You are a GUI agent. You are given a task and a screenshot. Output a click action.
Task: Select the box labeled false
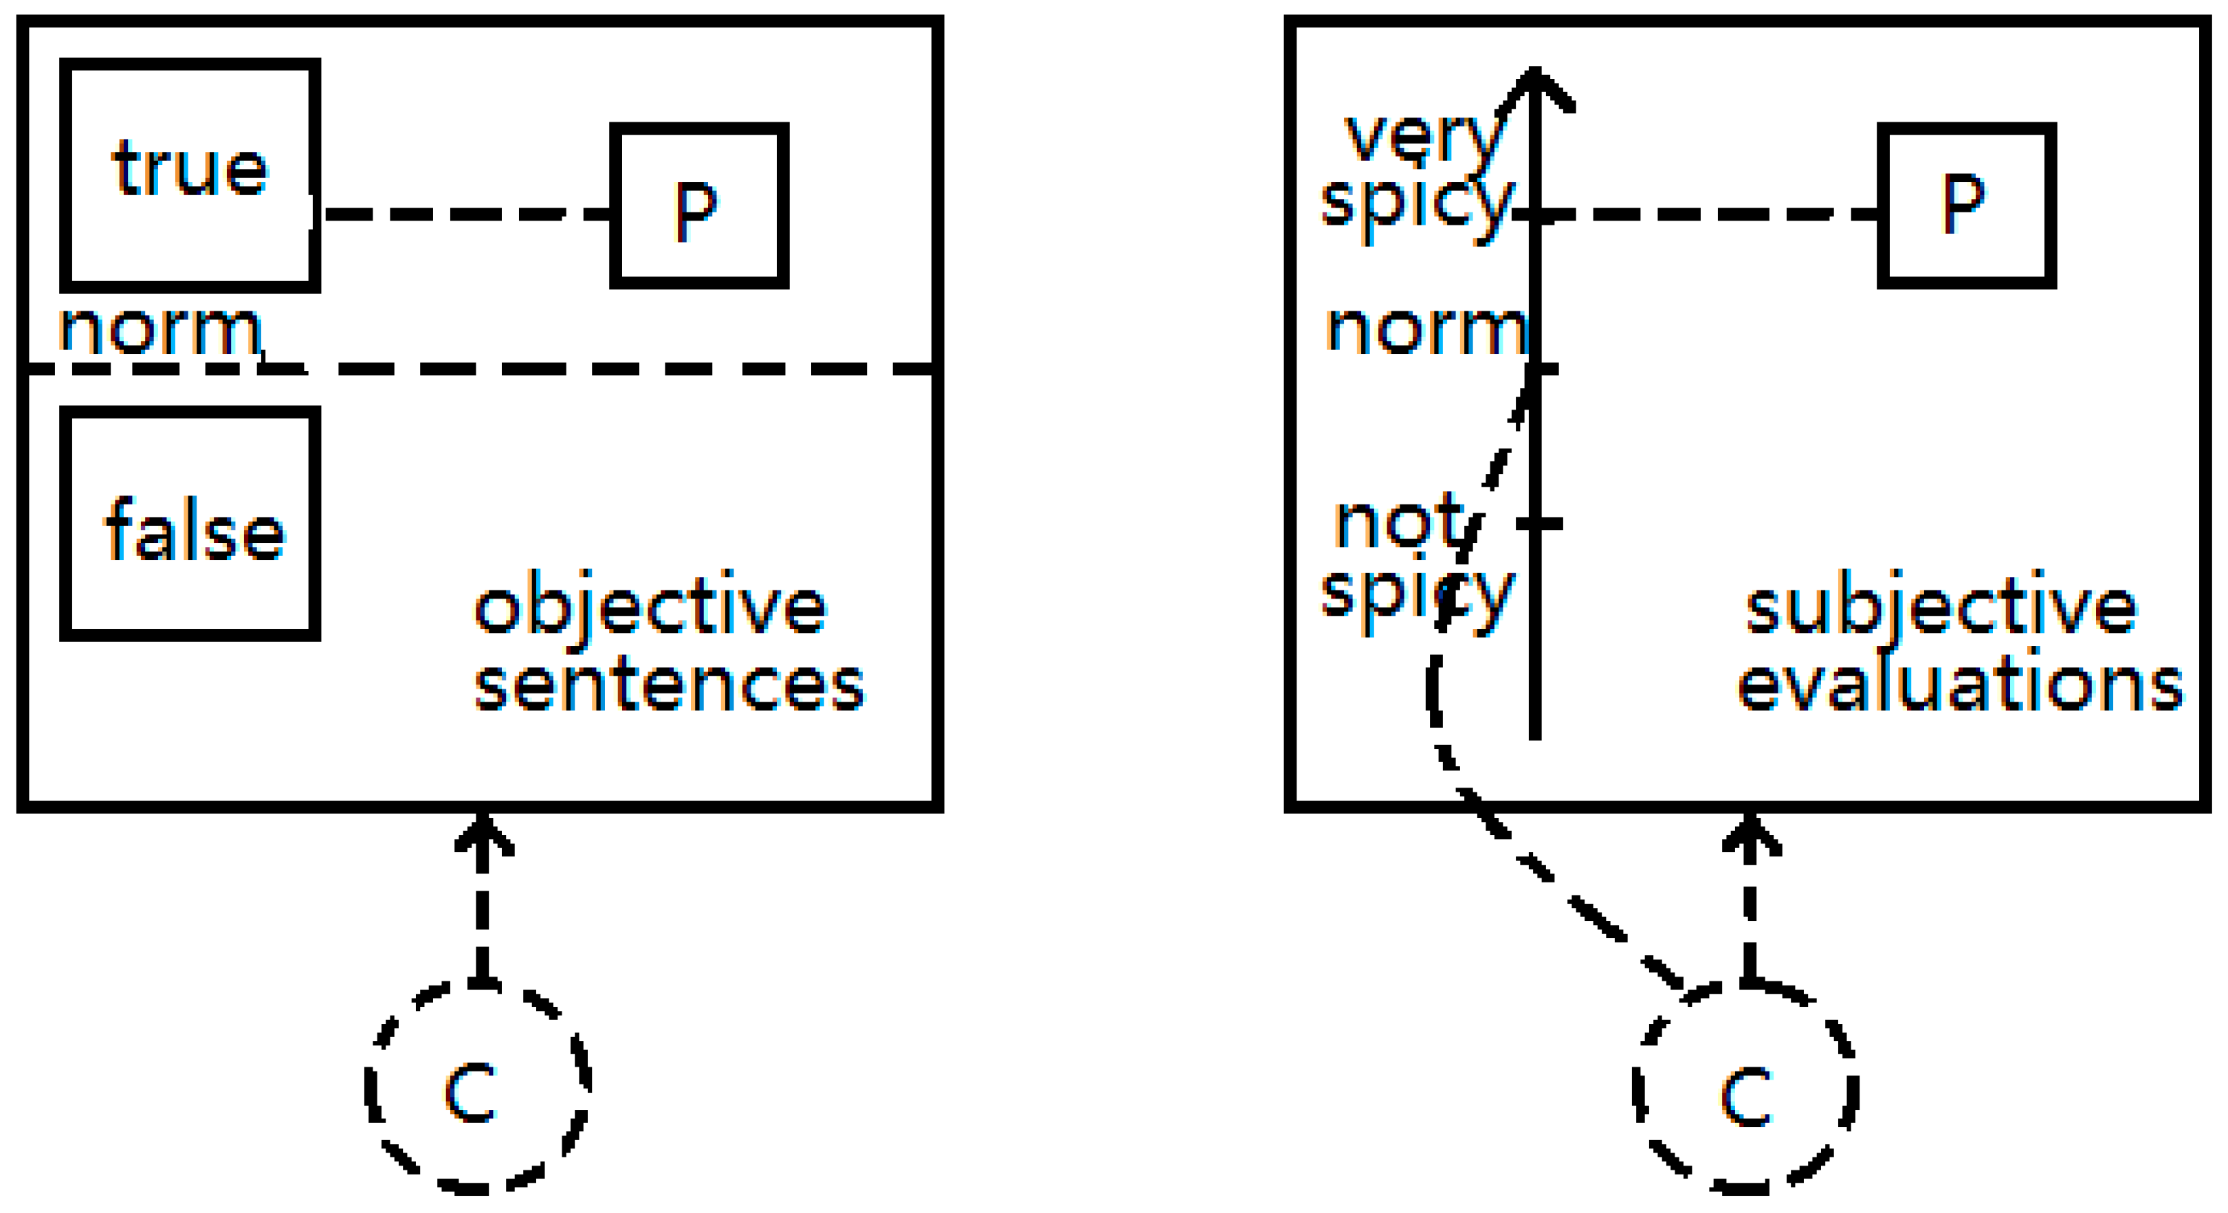(190, 524)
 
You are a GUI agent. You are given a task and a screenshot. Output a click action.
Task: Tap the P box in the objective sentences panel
(699, 205)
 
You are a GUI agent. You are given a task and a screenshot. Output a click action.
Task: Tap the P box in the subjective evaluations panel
(1966, 205)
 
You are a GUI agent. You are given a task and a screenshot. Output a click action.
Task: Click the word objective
(650, 609)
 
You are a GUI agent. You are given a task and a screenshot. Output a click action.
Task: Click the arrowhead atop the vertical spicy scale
(1534, 87)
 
